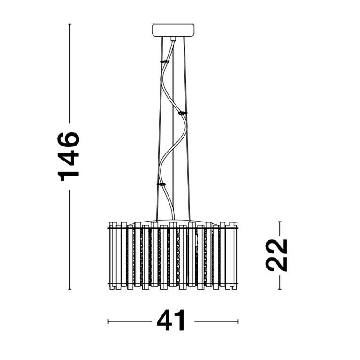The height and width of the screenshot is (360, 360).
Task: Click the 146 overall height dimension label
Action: coord(69,156)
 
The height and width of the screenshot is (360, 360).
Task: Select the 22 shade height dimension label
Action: coord(276,255)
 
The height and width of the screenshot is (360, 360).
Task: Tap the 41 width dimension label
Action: coord(171,322)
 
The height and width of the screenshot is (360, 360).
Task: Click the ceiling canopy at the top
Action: coord(173,30)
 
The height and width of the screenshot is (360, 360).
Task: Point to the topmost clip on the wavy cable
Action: coord(165,61)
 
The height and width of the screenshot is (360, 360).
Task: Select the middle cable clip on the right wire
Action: coord(182,113)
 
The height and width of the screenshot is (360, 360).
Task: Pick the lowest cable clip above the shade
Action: coord(161,184)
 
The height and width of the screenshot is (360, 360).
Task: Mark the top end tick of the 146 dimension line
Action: coord(70,24)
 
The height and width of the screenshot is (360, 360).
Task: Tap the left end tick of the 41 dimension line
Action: coord(108,322)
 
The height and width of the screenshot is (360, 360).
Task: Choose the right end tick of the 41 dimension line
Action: coord(238,322)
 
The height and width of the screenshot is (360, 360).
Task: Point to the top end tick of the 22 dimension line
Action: coord(280,222)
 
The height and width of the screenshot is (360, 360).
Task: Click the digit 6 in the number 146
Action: coord(69,140)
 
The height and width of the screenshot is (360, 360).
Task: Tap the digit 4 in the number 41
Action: coord(166,322)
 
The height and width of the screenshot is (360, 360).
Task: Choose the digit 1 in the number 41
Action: coord(181,322)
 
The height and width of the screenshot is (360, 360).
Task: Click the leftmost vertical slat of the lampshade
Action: coord(112,256)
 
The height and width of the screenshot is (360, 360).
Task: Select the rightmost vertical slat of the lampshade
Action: coord(235,256)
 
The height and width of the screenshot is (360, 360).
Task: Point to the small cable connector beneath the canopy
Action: coord(173,39)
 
